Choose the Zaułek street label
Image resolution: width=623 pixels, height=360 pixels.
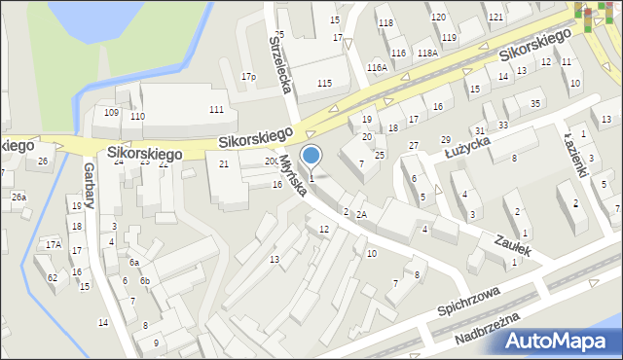point(511,245)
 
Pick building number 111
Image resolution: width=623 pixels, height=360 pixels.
point(216,109)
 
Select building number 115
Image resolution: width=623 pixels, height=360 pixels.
point(324,85)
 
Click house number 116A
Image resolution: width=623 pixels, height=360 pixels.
point(377,67)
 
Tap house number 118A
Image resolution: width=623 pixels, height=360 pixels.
point(427,54)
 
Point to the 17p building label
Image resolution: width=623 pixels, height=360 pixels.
point(249,77)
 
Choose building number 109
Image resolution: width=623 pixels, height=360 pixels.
point(112,113)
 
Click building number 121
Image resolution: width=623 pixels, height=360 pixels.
point(495,18)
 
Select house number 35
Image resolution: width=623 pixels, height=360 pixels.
point(535,103)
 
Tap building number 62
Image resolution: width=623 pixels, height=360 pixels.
point(52,277)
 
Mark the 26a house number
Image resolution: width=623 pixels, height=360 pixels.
point(19,198)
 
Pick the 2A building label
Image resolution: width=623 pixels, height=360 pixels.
point(361,214)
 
